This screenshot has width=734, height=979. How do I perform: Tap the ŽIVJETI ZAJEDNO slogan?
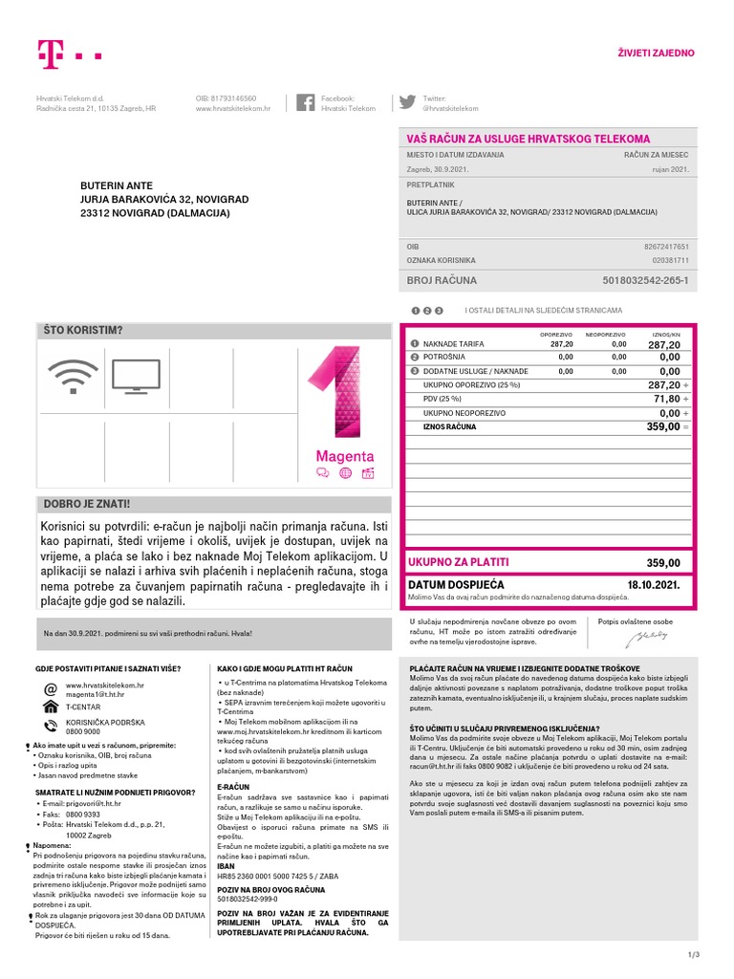coord(658,53)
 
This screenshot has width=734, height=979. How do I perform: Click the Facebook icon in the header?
coord(307,103)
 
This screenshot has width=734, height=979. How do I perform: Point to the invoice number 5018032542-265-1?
coord(645,281)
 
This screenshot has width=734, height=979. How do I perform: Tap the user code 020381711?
coord(670,260)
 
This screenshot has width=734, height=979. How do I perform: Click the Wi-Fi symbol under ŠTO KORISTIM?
coord(73,377)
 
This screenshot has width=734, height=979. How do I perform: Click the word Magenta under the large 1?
coord(345,456)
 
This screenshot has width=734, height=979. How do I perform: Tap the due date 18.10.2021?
coord(653,584)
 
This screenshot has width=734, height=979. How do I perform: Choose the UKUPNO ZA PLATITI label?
coord(458,562)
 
